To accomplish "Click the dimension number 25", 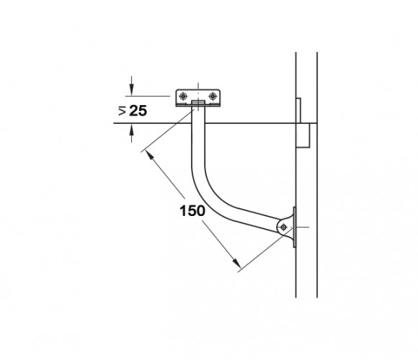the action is pyautogui.click(x=138, y=110).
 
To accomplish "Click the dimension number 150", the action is pyautogui.click(x=192, y=211).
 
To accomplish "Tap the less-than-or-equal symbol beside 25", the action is pyautogui.click(x=122, y=110).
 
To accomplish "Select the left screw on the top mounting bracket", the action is pyautogui.click(x=183, y=96).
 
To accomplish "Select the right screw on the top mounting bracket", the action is pyautogui.click(x=213, y=96).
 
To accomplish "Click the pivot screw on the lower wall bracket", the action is pyautogui.click(x=284, y=227).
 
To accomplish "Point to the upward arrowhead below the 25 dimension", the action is pyautogui.click(x=131, y=130).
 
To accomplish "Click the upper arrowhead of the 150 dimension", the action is pyautogui.click(x=151, y=156).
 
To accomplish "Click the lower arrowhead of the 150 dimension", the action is pyautogui.click(x=236, y=263).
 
